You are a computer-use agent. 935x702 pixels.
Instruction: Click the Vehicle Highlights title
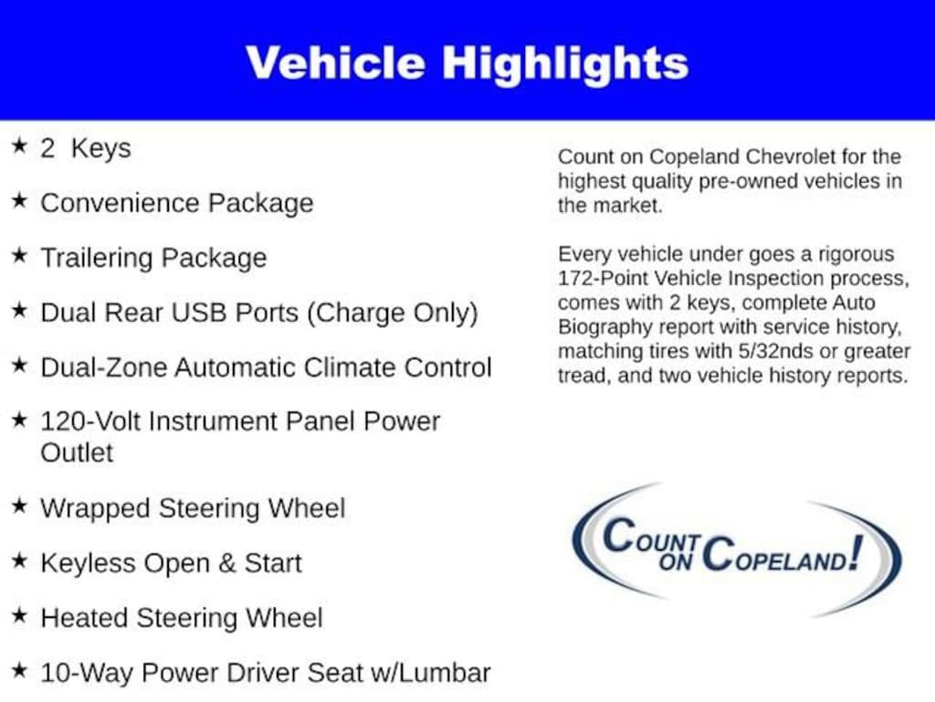pyautogui.click(x=467, y=63)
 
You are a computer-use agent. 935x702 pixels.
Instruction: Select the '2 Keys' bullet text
pyautogui.click(x=86, y=148)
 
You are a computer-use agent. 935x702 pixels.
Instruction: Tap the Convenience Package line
pyautogui.click(x=176, y=203)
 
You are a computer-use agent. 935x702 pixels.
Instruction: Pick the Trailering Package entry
pyautogui.click(x=153, y=258)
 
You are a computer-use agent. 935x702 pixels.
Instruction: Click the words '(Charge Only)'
pyautogui.click(x=392, y=313)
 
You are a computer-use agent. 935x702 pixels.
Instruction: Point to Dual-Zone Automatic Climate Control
pyautogui.click(x=266, y=367)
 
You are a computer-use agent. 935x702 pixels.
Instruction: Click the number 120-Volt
pyautogui.click(x=90, y=421)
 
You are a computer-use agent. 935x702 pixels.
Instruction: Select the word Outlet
pyautogui.click(x=77, y=452)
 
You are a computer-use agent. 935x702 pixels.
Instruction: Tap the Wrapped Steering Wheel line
pyautogui.click(x=193, y=508)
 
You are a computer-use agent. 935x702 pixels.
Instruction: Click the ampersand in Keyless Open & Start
pyautogui.click(x=226, y=563)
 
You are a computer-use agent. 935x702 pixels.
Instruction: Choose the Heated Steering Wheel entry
pyautogui.click(x=182, y=618)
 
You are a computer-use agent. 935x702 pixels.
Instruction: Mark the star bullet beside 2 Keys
pyautogui.click(x=19, y=146)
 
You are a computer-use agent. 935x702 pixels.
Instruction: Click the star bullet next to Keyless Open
pyautogui.click(x=19, y=560)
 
